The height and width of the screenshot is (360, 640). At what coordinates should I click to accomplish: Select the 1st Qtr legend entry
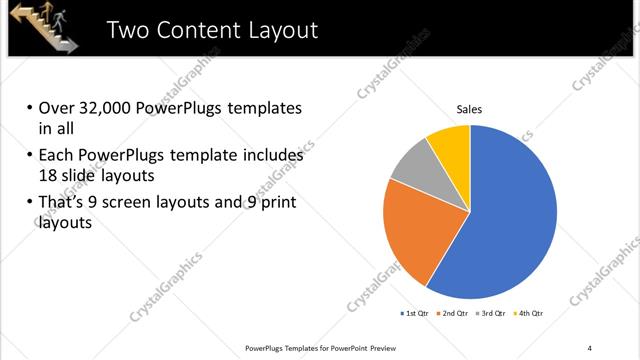tap(416, 314)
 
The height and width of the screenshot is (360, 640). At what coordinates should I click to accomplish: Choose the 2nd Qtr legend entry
tap(453, 314)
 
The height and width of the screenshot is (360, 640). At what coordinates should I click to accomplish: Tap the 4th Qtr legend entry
tap(527, 314)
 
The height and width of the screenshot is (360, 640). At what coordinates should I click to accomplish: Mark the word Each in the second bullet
tap(56, 155)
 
